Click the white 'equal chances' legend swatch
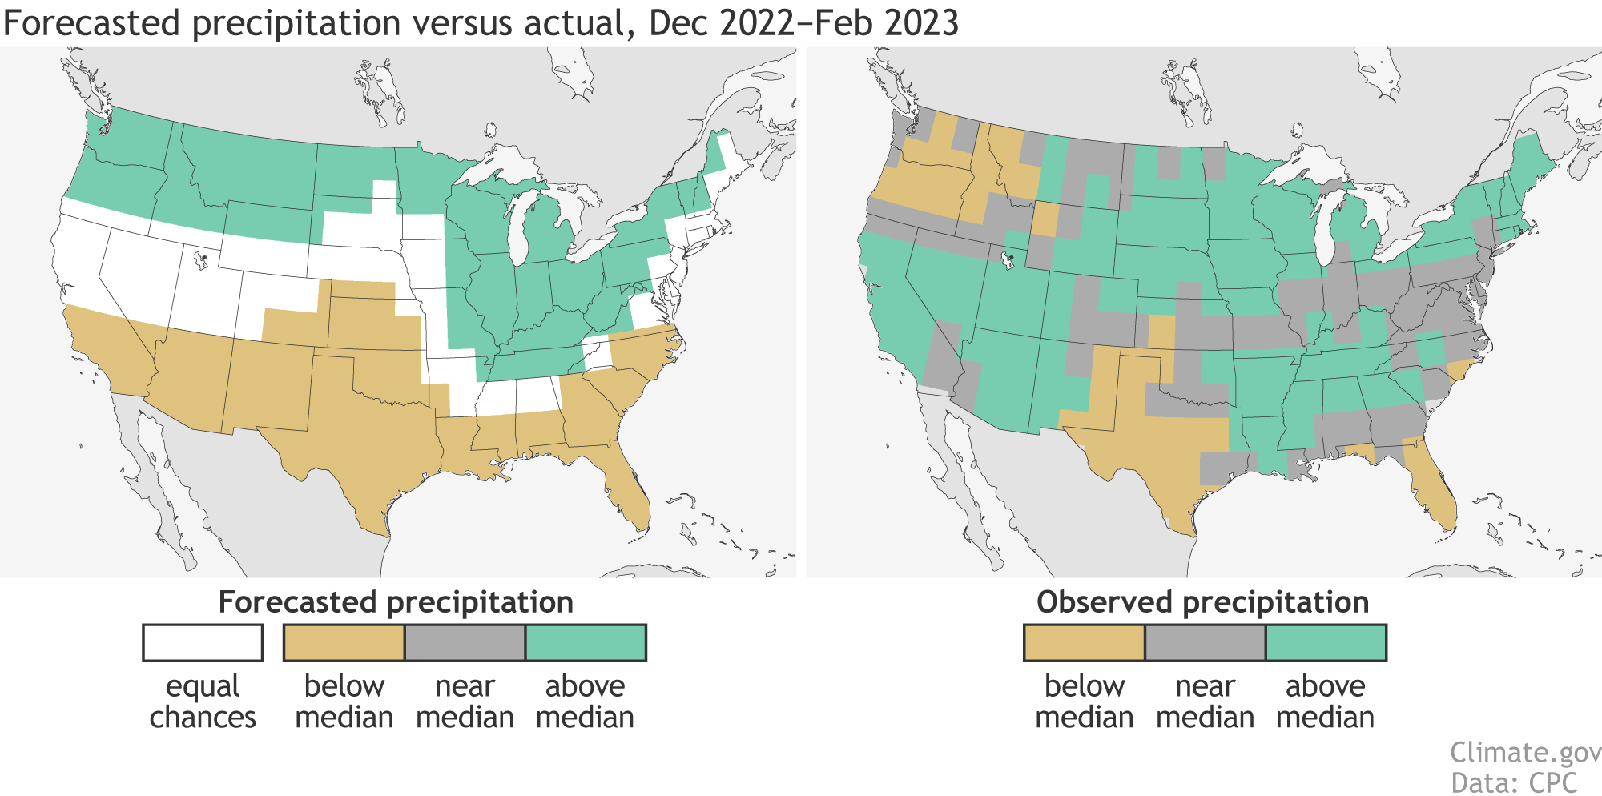[203, 642]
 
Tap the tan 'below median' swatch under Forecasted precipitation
[344, 642]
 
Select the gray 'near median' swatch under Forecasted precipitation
[465, 642]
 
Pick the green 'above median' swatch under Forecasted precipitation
[586, 642]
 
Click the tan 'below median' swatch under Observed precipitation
[1084, 642]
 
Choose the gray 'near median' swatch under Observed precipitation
[1205, 642]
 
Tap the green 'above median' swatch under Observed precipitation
[1326, 642]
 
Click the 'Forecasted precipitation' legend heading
[396, 602]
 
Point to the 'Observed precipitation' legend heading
[1202, 602]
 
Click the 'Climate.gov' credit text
[1525, 753]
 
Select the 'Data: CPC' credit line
[1514, 782]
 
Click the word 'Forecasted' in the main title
[92, 23]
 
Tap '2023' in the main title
[921, 23]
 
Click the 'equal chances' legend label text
[203, 702]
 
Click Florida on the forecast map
[629, 488]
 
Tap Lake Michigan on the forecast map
[520, 232]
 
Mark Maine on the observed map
[1530, 164]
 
